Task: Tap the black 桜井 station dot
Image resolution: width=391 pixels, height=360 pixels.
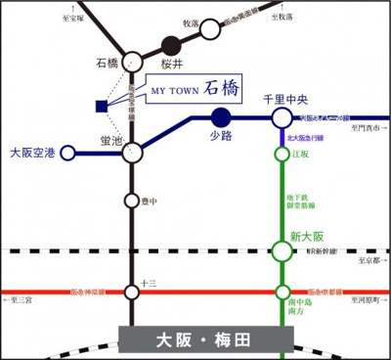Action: [x=172, y=44]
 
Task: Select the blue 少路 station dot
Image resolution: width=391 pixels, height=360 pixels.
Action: [x=220, y=117]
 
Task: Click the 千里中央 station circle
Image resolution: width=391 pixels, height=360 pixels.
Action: [x=282, y=117]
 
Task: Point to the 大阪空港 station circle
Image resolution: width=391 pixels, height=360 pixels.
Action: [x=67, y=153]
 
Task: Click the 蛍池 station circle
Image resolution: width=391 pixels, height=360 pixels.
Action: [x=131, y=152]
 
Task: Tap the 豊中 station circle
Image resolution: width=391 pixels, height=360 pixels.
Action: [x=131, y=202]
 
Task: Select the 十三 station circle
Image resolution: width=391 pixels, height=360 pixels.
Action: [x=131, y=292]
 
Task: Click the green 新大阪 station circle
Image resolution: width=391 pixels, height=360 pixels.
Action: [x=282, y=251]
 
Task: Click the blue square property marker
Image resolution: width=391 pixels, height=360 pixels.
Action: [x=101, y=106]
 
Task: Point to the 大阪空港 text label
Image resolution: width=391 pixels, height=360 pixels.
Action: [x=33, y=154]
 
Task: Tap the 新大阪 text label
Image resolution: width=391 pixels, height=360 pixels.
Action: [x=305, y=235]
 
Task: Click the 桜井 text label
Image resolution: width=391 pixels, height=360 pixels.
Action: [x=171, y=62]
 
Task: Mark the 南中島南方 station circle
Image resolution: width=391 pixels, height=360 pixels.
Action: [x=282, y=292]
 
